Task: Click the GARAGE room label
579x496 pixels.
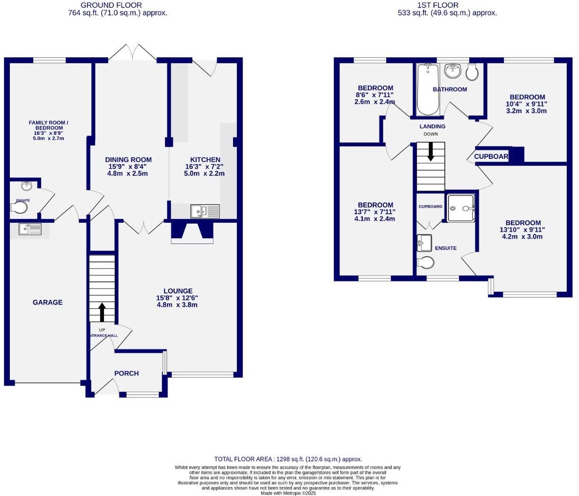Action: pyautogui.click(x=47, y=302)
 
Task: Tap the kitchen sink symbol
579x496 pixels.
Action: pyautogui.click(x=205, y=211)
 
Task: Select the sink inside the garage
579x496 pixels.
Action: pyautogui.click(x=30, y=229)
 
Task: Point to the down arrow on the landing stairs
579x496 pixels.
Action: pyautogui.click(x=431, y=151)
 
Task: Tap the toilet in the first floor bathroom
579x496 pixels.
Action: pyautogui.click(x=472, y=72)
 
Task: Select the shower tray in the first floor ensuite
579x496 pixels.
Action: pyautogui.click(x=460, y=208)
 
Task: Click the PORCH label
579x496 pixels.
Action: pyautogui.click(x=126, y=373)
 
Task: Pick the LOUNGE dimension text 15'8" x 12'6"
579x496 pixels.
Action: pyautogui.click(x=177, y=298)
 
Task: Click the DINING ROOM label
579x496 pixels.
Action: pyautogui.click(x=128, y=160)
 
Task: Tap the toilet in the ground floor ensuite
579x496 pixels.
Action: pyautogui.click(x=20, y=208)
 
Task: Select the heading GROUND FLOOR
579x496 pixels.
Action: pyautogui.click(x=111, y=5)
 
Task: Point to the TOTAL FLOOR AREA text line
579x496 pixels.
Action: pyautogui.click(x=288, y=459)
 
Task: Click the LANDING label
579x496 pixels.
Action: pyautogui.click(x=432, y=126)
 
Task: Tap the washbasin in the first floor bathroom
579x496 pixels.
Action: pyautogui.click(x=452, y=71)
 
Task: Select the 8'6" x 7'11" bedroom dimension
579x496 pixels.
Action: pyautogui.click(x=374, y=95)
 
